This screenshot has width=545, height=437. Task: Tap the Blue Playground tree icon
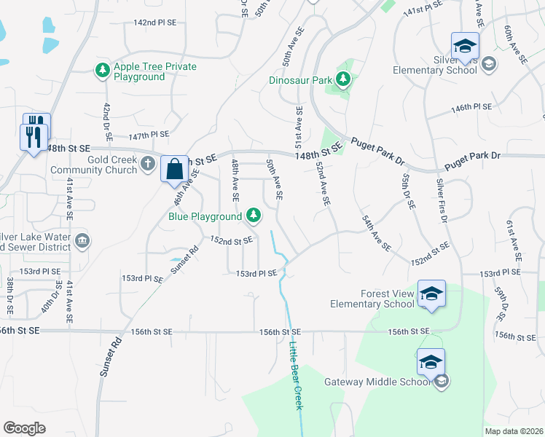(x=253, y=216)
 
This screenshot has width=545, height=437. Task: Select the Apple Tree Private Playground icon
(x=102, y=71)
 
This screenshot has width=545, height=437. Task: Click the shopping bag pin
(x=175, y=170)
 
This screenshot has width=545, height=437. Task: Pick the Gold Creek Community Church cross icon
(x=148, y=163)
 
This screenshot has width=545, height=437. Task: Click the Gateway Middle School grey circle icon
(x=441, y=382)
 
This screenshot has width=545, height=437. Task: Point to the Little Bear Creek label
(x=297, y=375)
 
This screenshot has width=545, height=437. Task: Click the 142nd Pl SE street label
(x=155, y=23)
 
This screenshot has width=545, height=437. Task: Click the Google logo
(x=24, y=428)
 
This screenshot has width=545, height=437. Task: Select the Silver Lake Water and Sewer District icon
(x=82, y=240)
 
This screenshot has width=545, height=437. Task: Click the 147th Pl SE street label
(x=148, y=135)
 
